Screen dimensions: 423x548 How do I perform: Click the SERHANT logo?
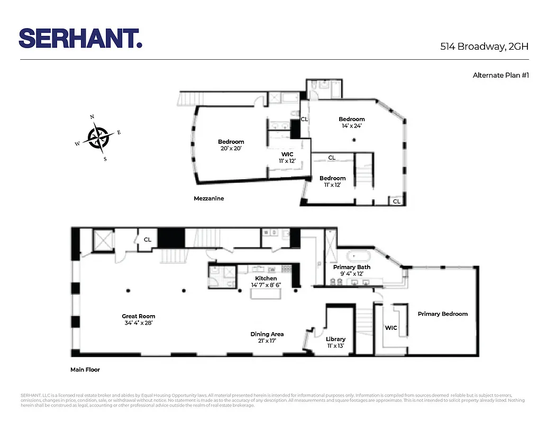(x=80, y=38)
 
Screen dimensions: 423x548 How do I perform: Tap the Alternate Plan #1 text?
(x=501, y=75)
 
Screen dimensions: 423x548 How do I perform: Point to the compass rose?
(x=98, y=137)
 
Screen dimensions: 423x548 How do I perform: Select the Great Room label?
(x=139, y=316)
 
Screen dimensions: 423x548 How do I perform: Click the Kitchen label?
(x=266, y=278)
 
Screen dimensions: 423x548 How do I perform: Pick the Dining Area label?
(x=267, y=334)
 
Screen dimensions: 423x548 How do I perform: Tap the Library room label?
(x=335, y=339)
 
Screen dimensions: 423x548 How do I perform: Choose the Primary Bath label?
(x=351, y=267)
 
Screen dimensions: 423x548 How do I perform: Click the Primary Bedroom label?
(x=443, y=314)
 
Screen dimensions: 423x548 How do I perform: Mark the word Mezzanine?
(x=208, y=199)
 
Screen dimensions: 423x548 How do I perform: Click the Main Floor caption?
(x=85, y=370)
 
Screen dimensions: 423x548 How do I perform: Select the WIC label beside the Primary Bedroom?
(x=391, y=328)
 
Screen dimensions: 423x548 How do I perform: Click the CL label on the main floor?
(x=148, y=240)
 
